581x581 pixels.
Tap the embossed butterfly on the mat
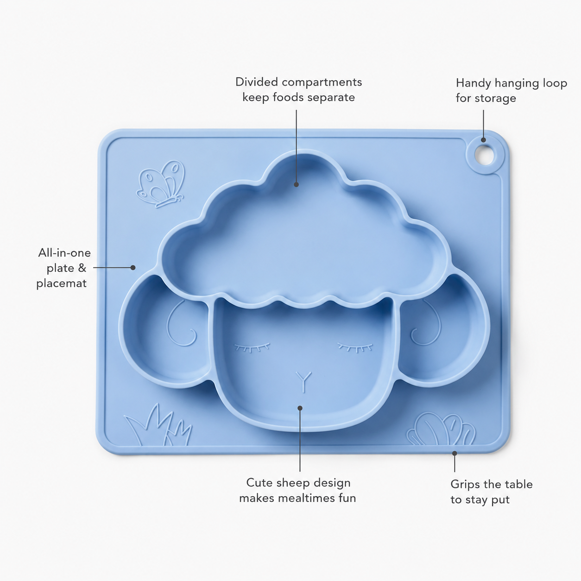[160, 183]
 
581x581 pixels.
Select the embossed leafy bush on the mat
[441, 429]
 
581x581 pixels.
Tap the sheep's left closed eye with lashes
[252, 347]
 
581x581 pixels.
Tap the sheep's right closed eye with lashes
[355, 347]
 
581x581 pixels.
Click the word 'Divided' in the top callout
[257, 82]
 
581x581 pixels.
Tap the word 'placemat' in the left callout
[62, 284]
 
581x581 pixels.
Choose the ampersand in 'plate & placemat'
[82, 268]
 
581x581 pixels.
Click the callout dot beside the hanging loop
[483, 140]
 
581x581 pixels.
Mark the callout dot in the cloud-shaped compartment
[297, 184]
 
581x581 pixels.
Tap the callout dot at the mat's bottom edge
[455, 453]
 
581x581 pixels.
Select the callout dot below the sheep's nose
[300, 408]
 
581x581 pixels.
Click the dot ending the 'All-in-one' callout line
[133, 267]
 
